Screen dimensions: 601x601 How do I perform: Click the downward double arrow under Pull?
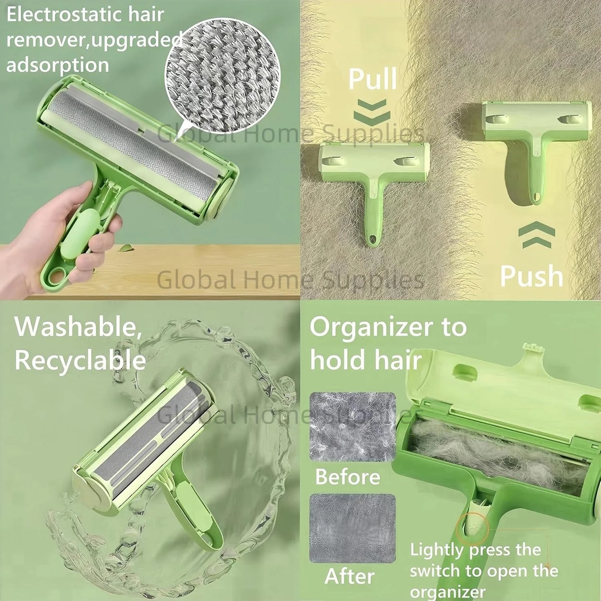(372, 111)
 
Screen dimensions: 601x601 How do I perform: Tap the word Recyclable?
(80, 360)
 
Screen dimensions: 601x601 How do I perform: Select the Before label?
(347, 477)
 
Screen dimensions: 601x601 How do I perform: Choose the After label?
(349, 576)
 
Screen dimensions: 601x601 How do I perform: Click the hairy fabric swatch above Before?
(353, 427)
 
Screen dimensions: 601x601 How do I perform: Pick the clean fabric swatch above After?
(352, 528)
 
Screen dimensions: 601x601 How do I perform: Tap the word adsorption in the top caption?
(57, 65)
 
